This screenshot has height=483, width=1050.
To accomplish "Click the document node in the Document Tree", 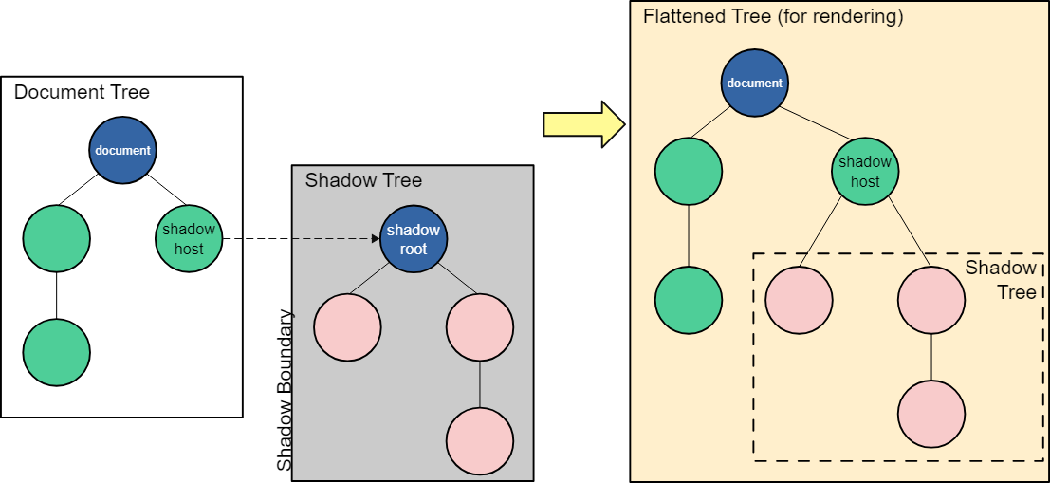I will [x=123, y=150].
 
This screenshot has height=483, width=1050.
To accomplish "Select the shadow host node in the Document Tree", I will [x=189, y=238].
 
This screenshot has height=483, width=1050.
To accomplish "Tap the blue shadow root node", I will [x=414, y=239].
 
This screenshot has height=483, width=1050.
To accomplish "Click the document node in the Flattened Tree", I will [x=754, y=83].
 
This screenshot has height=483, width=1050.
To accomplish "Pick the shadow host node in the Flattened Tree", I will [x=865, y=172].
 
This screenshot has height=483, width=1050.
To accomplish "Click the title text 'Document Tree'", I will [x=82, y=92].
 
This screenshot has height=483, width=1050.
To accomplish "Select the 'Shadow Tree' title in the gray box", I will [x=363, y=180].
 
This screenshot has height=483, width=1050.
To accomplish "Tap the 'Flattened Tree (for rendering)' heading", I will [x=773, y=16].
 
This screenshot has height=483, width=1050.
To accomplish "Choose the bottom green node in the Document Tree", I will [x=57, y=352].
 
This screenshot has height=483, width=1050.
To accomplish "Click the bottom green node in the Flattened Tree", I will [x=689, y=300].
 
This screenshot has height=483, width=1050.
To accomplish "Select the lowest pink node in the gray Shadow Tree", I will [x=480, y=441].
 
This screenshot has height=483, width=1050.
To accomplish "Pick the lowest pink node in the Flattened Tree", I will [x=930, y=415].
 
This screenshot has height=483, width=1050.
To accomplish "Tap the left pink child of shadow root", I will [x=347, y=327].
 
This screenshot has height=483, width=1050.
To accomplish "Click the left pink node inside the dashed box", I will [x=799, y=300].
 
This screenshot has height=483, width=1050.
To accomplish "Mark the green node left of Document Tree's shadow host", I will [x=57, y=238].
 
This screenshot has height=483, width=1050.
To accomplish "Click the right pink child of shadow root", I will [x=480, y=327].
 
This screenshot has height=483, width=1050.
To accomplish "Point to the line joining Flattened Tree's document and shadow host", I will [x=809, y=127].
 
